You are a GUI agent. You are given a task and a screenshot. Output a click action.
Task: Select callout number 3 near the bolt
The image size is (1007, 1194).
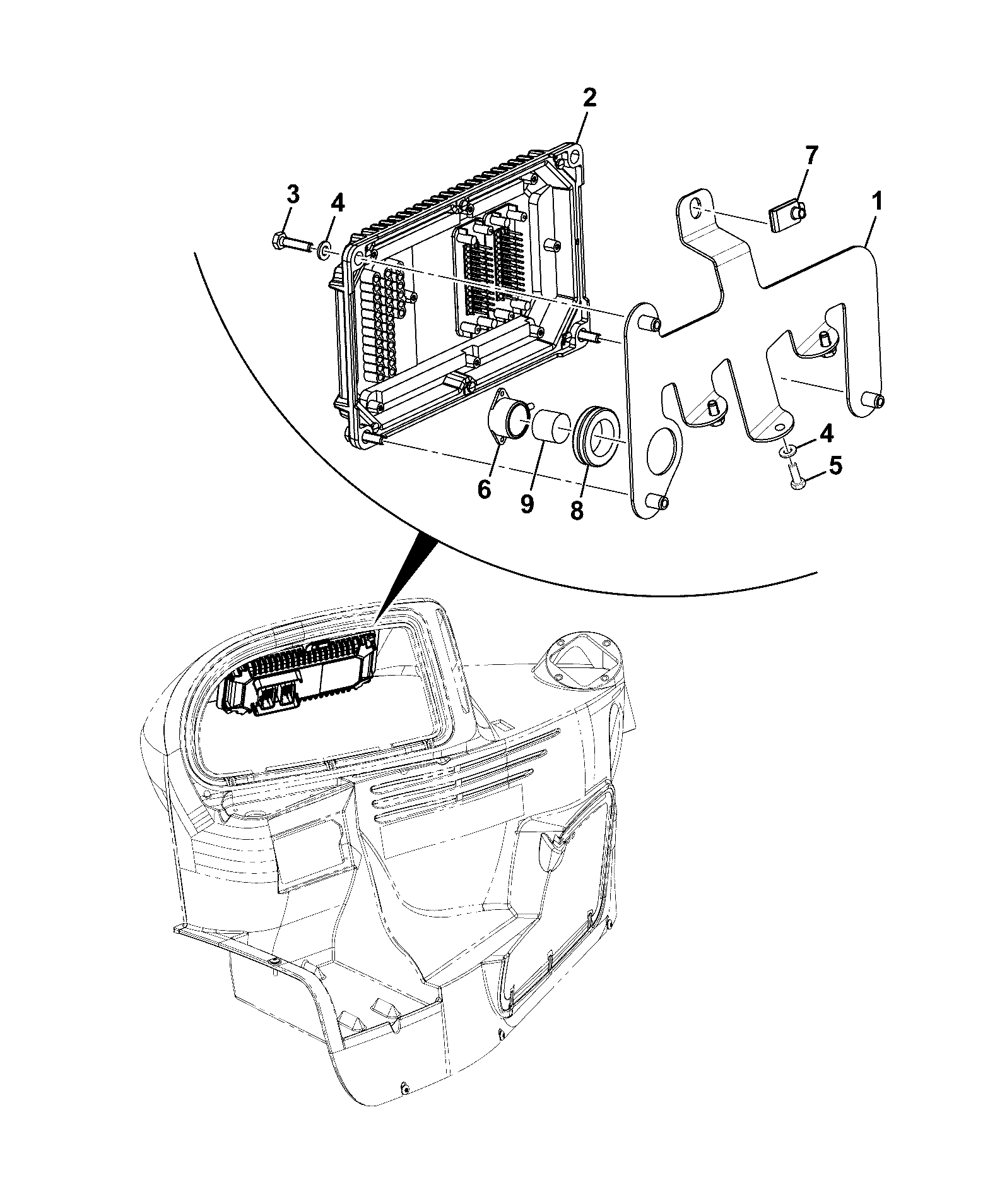click(293, 195)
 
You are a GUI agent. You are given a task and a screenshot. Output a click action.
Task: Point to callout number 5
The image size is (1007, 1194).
click(834, 466)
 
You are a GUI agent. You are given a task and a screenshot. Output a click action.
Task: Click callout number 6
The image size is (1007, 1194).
click(483, 489)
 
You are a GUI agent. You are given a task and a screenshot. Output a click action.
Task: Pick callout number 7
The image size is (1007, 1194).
click(810, 156)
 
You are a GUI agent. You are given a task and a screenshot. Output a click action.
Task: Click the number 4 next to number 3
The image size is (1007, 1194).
click(338, 203)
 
